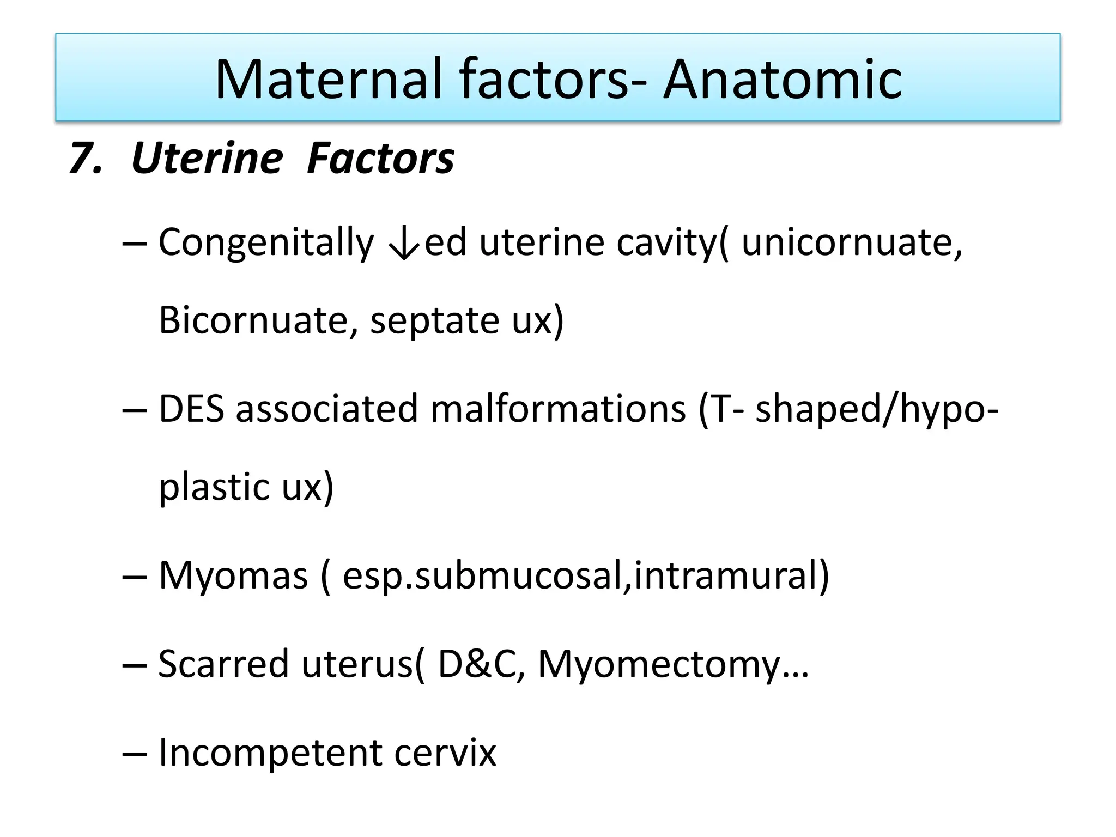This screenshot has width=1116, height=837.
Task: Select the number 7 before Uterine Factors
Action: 84,159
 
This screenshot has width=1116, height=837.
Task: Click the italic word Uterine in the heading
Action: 207,159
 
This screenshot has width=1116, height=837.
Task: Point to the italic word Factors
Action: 380,159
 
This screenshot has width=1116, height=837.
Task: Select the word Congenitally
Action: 266,242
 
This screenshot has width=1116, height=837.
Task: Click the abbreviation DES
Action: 191,409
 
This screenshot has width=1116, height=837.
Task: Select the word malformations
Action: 558,409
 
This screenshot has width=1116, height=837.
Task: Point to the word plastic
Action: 214,487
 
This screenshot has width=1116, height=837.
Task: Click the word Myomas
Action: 233,576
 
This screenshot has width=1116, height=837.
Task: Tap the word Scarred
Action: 223,664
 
